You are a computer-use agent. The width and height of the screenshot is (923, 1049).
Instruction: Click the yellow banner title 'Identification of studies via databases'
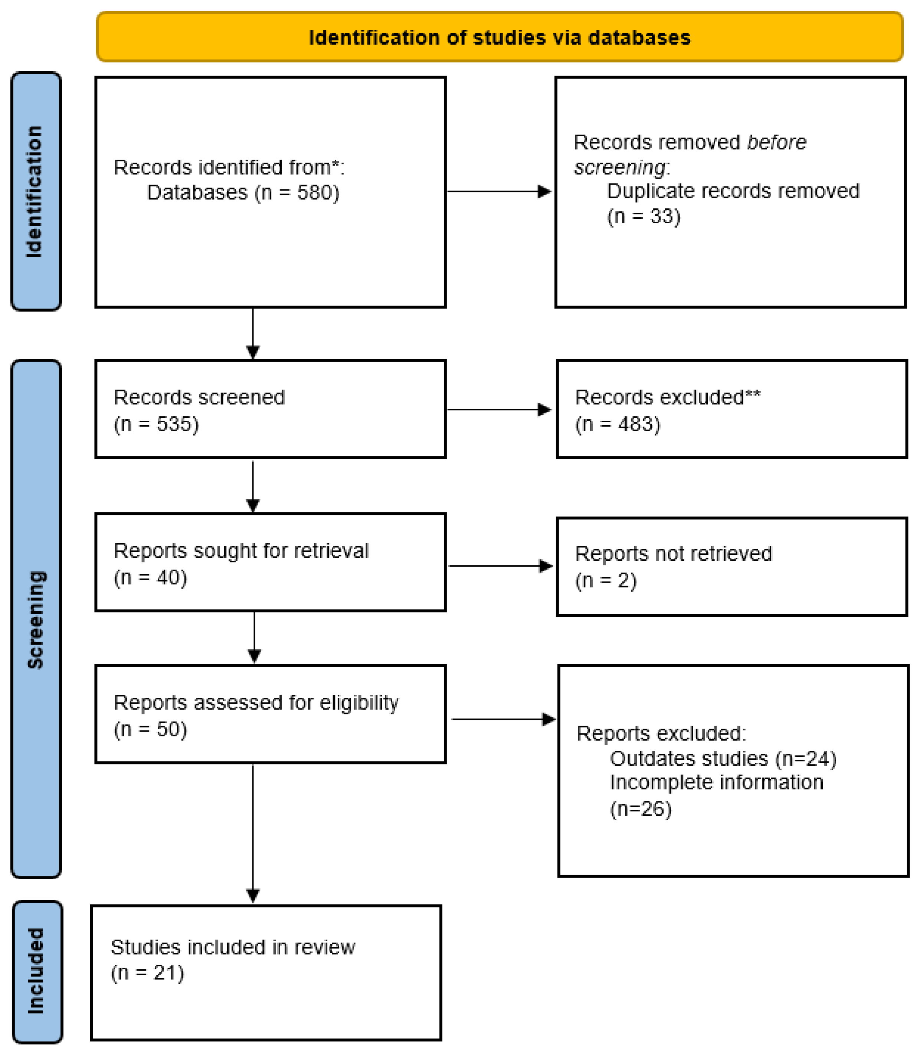(499, 38)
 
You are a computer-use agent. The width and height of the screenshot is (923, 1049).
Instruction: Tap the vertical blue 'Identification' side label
(35, 192)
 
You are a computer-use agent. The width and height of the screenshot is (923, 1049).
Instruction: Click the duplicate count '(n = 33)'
(644, 216)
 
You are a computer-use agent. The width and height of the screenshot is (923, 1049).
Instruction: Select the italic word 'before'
(776, 143)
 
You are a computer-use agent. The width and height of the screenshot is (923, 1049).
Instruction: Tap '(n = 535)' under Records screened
(156, 424)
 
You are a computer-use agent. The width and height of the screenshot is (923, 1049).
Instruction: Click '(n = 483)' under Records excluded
(617, 424)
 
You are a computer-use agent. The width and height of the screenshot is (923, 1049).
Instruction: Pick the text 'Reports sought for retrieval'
(240, 551)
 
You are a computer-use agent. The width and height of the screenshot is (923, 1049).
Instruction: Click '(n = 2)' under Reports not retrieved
(605, 580)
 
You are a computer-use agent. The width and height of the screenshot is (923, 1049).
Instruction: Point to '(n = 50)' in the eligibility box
(150, 729)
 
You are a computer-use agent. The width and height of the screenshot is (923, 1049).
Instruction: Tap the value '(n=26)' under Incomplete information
(640, 809)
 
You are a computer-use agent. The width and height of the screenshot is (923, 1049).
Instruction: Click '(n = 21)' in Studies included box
(147, 973)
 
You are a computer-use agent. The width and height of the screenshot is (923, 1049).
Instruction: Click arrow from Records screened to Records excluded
(499, 410)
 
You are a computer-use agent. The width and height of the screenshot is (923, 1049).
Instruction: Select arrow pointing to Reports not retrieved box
(500, 566)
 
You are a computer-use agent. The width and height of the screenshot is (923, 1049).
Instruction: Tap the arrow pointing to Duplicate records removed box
(499, 192)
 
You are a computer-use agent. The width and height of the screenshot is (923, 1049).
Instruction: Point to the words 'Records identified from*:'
(229, 168)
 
